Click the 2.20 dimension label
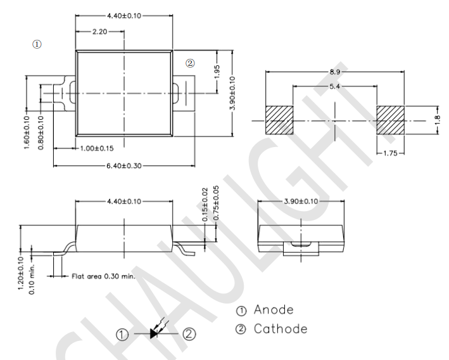[x=99, y=32]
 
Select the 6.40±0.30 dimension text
[x=124, y=165]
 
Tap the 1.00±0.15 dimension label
[x=96, y=148]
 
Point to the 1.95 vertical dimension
[x=217, y=72]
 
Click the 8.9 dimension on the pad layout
[x=335, y=72]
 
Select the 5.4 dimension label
[x=335, y=86]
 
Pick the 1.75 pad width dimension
[x=390, y=153]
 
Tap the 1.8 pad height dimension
[x=437, y=120]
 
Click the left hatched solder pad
[x=279, y=120]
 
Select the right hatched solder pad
[x=390, y=120]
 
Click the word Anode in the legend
[x=274, y=310]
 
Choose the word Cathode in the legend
[x=281, y=329]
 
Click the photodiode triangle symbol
[x=154, y=333]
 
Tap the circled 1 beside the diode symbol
[x=122, y=335]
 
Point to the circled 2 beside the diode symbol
[x=189, y=334]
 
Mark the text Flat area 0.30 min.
[x=103, y=276]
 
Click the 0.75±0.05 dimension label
[x=216, y=203]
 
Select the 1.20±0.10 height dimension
[x=21, y=273]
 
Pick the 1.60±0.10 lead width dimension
[x=27, y=132]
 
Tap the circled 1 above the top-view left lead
[x=37, y=44]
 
